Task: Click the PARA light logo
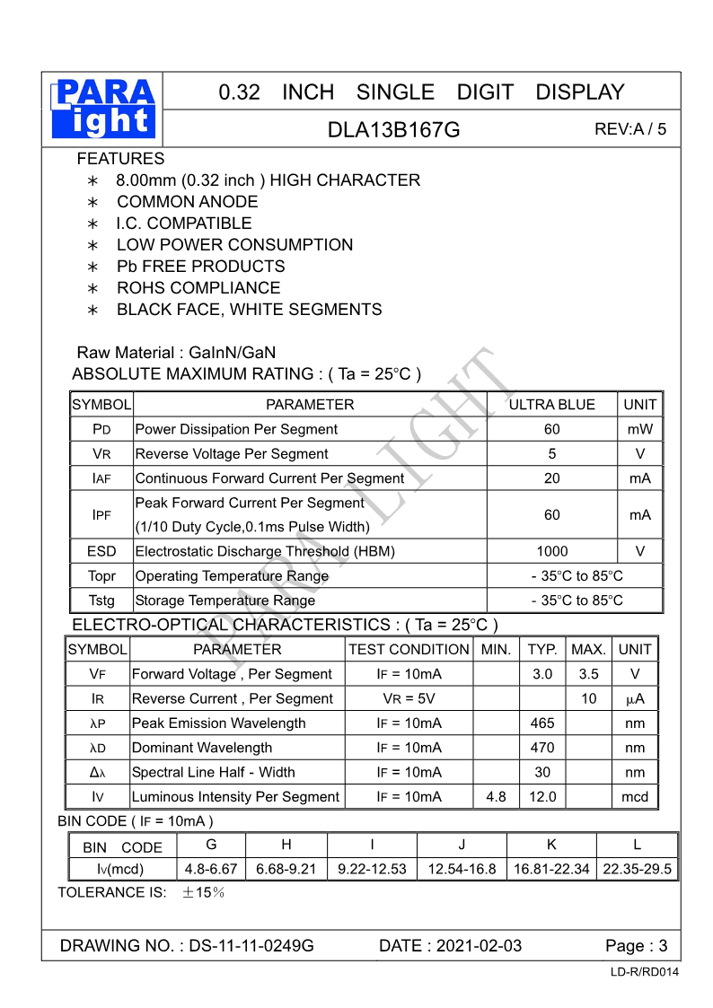(x=104, y=108)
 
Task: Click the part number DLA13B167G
(x=393, y=129)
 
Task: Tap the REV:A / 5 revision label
(x=630, y=128)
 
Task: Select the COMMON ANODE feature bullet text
(x=187, y=202)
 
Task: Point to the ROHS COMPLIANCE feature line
(x=198, y=288)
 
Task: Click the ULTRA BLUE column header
(x=551, y=405)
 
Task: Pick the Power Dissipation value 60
(x=551, y=430)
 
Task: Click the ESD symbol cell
(x=101, y=551)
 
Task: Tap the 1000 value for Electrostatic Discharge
(x=551, y=551)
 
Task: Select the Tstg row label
(x=101, y=600)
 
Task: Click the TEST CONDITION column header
(x=409, y=650)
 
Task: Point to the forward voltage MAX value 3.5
(x=588, y=674)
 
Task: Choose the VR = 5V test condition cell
(x=409, y=698)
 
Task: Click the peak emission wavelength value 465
(x=542, y=723)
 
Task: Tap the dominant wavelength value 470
(x=542, y=748)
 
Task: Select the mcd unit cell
(x=635, y=797)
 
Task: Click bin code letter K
(x=551, y=845)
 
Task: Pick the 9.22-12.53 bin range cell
(x=372, y=869)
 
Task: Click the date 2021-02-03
(x=477, y=945)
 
